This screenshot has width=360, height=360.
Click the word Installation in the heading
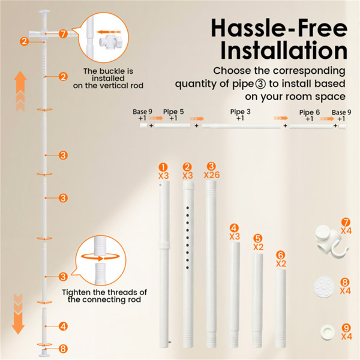[284, 50]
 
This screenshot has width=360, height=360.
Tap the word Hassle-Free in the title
[279, 28]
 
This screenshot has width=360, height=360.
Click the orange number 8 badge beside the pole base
[63, 349]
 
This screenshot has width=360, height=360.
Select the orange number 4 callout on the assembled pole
[63, 326]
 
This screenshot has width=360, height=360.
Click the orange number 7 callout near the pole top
[63, 34]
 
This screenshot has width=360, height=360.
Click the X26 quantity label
[212, 175]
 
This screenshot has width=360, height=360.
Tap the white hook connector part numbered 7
[332, 241]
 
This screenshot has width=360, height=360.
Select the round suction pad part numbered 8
[324, 287]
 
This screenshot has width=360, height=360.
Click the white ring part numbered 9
[328, 332]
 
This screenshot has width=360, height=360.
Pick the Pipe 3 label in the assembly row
[240, 112]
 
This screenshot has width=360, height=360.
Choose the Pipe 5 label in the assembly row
[173, 112]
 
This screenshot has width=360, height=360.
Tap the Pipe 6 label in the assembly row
[309, 112]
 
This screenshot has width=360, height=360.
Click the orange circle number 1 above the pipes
[163, 167]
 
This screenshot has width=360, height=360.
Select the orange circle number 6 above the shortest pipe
[281, 255]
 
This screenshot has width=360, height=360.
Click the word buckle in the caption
[109, 71]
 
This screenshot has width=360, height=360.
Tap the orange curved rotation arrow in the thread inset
[101, 257]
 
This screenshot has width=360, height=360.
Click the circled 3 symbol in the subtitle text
[260, 84]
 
